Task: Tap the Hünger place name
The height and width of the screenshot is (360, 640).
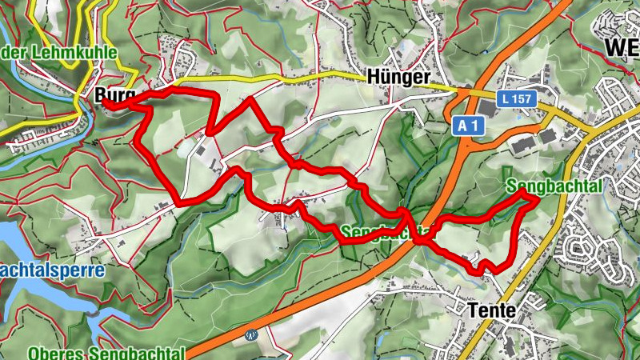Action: click(398, 77)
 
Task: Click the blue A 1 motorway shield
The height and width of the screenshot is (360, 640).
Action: click(468, 126)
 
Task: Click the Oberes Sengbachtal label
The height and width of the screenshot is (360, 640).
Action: click(106, 353)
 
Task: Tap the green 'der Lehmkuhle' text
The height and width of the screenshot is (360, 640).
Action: click(59, 53)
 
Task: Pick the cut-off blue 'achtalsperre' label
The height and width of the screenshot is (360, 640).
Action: click(52, 270)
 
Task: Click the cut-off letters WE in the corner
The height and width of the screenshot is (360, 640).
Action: click(622, 48)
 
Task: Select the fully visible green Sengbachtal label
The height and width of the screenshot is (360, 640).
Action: click(554, 186)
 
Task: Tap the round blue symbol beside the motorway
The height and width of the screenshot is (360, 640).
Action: click(253, 335)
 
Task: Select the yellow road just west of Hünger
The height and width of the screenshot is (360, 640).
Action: click(320, 78)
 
